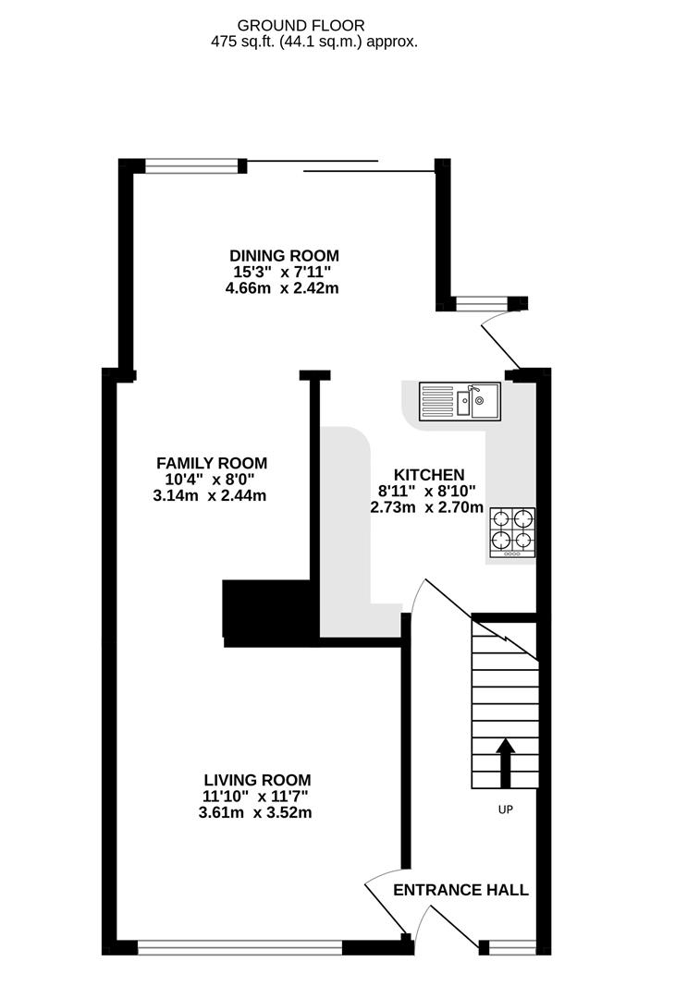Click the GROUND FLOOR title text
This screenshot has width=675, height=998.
[301, 26]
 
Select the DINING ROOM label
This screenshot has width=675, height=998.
[284, 256]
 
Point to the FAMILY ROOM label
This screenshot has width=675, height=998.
[212, 463]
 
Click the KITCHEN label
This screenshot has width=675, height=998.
[429, 475]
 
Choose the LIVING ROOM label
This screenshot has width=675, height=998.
[257, 780]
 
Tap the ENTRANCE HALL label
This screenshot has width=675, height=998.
[460, 890]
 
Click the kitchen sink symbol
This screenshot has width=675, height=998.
[460, 402]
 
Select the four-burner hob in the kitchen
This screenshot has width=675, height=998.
[512, 532]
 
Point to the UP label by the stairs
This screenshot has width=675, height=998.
[506, 809]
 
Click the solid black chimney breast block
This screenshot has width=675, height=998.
[266, 613]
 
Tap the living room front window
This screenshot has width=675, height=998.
[240, 948]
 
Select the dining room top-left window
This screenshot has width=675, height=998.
[191, 166]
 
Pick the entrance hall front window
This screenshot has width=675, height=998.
[512, 948]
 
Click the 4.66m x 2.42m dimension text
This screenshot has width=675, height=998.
[282, 288]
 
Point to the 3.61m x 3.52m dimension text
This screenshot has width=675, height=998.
[255, 813]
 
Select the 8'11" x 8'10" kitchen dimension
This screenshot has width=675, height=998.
[426, 492]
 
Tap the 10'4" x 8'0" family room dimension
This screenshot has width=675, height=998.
[210, 480]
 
